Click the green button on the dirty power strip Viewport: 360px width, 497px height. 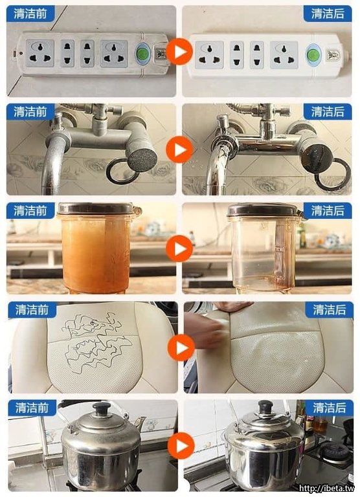click(142, 53)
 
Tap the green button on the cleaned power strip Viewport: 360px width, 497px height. click(313, 54)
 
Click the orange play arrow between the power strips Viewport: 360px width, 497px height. click(179, 51)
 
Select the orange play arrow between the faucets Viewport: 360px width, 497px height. click(179, 149)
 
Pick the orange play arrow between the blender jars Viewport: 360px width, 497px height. click(179, 248)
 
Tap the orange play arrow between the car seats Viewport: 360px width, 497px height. click(181, 348)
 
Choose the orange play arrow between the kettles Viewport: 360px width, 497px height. click(181, 446)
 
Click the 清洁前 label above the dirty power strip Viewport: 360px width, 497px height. click(30, 14)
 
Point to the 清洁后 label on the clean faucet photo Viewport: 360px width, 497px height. click(328, 112)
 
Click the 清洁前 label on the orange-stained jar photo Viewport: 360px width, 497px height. click(30, 211)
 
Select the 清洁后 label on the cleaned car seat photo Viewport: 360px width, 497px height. click(329, 310)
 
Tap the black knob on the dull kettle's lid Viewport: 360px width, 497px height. click(101, 409)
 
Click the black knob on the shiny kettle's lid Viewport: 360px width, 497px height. click(265, 407)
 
